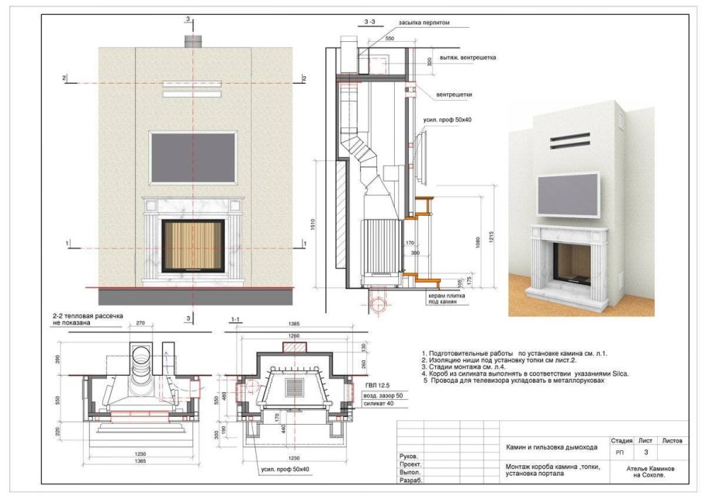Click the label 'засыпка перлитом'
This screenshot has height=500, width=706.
[424, 23]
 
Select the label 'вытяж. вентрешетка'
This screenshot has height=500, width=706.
[467, 57]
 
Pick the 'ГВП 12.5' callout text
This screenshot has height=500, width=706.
[375, 384]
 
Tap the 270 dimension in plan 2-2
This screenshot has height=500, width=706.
[140, 323]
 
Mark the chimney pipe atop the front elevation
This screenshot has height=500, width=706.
[189, 40]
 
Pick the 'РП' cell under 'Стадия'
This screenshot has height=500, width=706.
[619, 451]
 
